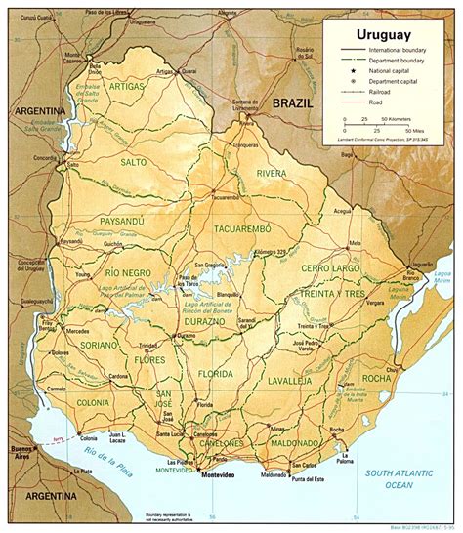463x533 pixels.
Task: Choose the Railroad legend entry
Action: (x=392, y=93)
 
